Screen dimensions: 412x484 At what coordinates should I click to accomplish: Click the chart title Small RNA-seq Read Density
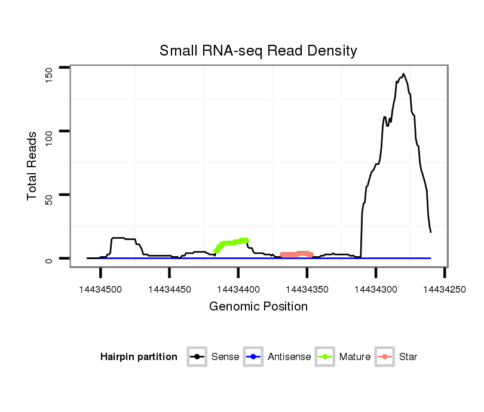pos(258,51)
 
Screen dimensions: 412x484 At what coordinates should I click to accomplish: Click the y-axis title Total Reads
pos(33,166)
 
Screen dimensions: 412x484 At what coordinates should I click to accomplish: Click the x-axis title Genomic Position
pos(258,307)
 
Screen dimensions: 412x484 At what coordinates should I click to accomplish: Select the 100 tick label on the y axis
pos(50,131)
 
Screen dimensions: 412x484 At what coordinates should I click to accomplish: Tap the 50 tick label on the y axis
pos(50,195)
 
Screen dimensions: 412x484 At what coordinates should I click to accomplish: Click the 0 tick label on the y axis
pos(50,259)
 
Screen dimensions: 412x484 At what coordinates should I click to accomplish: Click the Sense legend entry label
pos(225,357)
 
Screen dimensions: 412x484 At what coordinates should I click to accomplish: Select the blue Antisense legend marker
pos(253,357)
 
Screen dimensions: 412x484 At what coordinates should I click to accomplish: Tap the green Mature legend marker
pos(325,357)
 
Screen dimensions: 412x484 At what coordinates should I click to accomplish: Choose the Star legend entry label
pos(408,357)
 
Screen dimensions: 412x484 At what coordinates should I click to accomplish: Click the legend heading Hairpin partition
pos(139,357)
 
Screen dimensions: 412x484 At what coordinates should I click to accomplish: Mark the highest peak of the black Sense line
pos(403,74)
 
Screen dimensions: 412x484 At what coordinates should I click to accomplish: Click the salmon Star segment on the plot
pos(296,254)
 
